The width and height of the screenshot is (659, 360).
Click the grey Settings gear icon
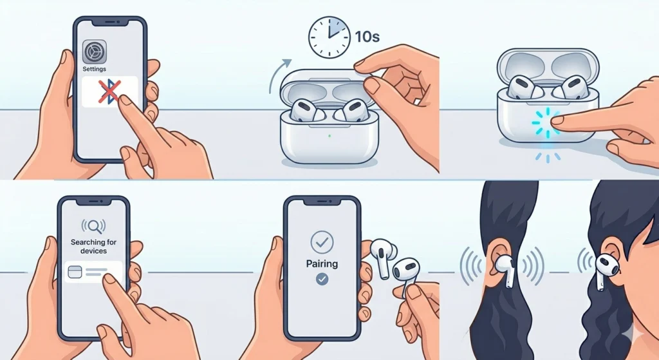(95, 52)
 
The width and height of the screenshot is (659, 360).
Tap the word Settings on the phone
(95, 69)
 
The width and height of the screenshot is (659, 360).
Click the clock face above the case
(329, 37)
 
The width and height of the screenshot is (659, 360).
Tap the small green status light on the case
(329, 136)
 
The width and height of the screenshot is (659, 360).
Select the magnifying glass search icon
(93, 226)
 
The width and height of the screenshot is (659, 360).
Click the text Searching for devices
(93, 246)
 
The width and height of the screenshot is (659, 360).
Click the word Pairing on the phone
(322, 263)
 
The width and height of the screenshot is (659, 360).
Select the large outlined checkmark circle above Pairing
(322, 242)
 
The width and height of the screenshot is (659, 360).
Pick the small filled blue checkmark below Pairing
(322, 279)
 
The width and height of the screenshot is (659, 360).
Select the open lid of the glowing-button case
(548, 63)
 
